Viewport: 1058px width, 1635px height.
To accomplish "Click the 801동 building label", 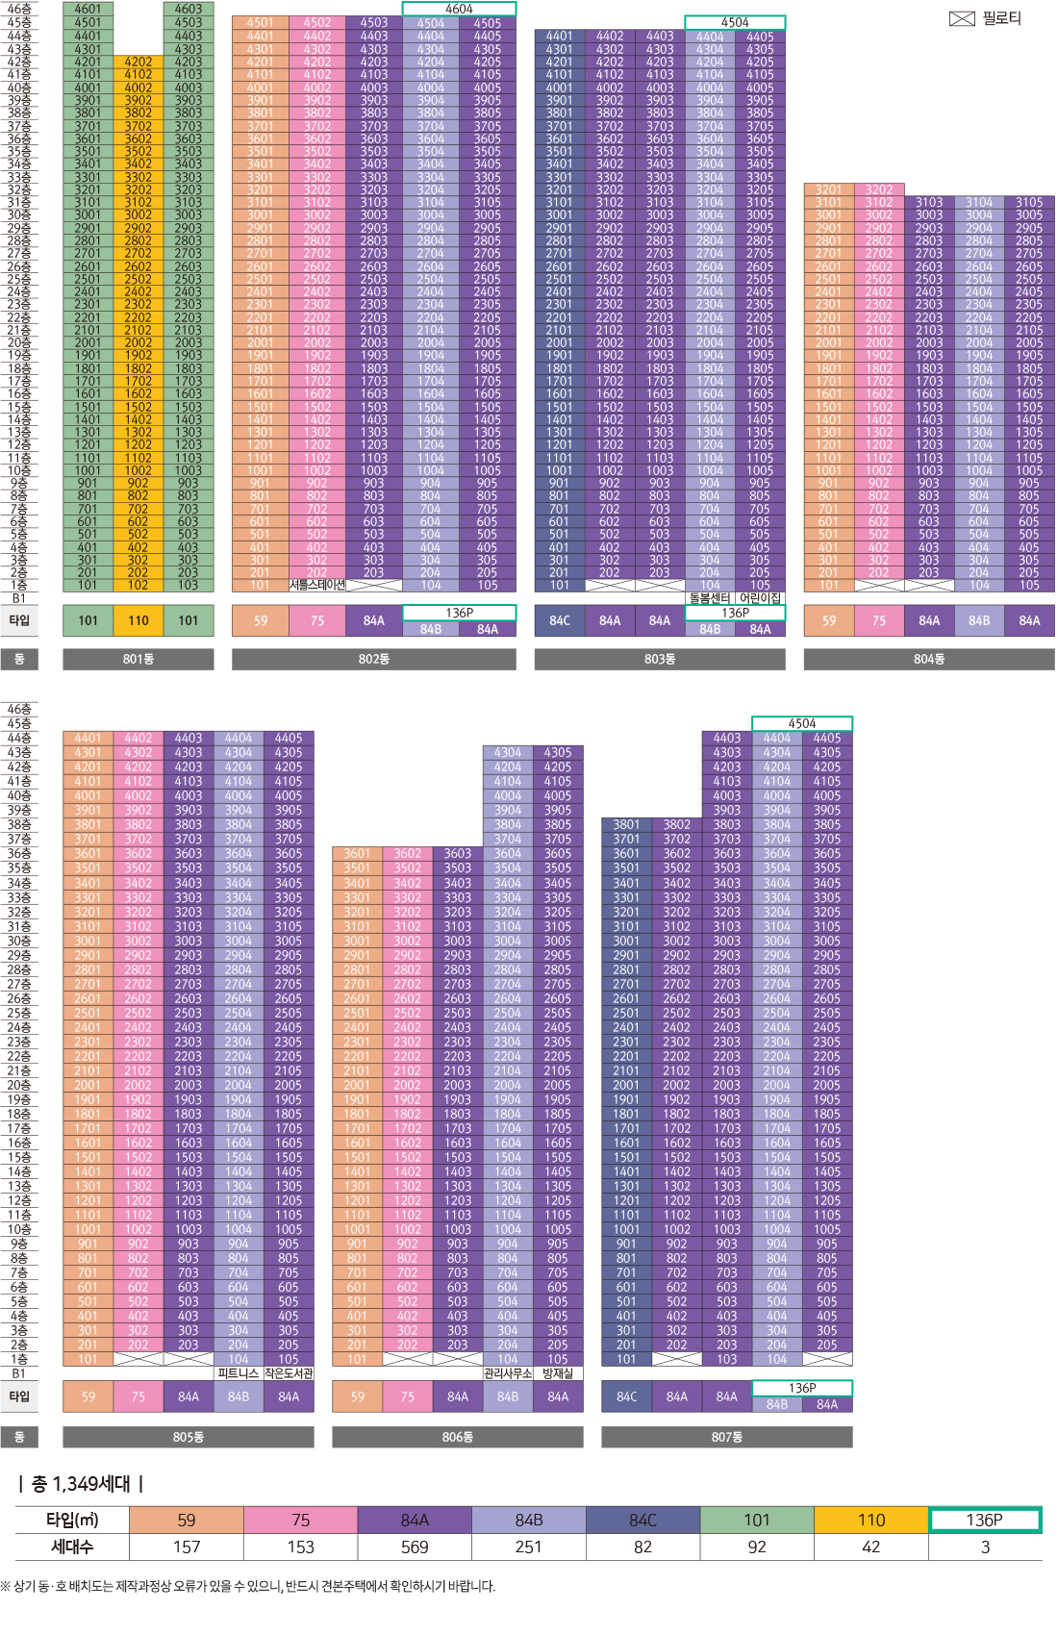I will tap(138, 659).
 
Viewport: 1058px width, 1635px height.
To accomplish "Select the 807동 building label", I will tap(726, 1437).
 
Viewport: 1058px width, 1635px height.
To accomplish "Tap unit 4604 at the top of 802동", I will tap(459, 9).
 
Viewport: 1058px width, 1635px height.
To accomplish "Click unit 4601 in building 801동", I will tap(88, 9).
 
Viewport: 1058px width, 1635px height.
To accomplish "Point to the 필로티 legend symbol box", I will tap(962, 18).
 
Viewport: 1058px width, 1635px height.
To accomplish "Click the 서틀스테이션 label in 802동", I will tap(316, 585).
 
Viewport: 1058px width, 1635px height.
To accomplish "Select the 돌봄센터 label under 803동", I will tap(710, 598).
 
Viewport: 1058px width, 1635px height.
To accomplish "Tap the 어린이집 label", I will tap(760, 598).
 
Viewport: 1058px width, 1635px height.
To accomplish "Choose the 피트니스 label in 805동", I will tap(238, 1373).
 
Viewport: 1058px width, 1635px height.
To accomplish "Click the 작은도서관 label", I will tap(289, 1373).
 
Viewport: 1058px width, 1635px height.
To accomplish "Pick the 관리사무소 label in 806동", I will tap(508, 1373).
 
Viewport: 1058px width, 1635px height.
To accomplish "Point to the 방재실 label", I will tap(558, 1373).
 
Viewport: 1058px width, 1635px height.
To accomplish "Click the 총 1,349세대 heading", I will tap(81, 1484).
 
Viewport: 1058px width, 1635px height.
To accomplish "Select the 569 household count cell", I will tap(415, 1547).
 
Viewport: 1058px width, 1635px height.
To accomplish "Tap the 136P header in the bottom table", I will tap(984, 1520).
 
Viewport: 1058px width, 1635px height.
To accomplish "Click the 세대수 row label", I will tap(72, 1547).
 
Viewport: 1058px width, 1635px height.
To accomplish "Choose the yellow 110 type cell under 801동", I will tap(138, 620).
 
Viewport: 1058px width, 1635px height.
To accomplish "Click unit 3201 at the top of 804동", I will tap(828, 189).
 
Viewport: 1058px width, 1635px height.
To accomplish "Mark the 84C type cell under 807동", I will tap(626, 1396).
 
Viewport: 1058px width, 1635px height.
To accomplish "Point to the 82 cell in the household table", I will tap(642, 1547).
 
